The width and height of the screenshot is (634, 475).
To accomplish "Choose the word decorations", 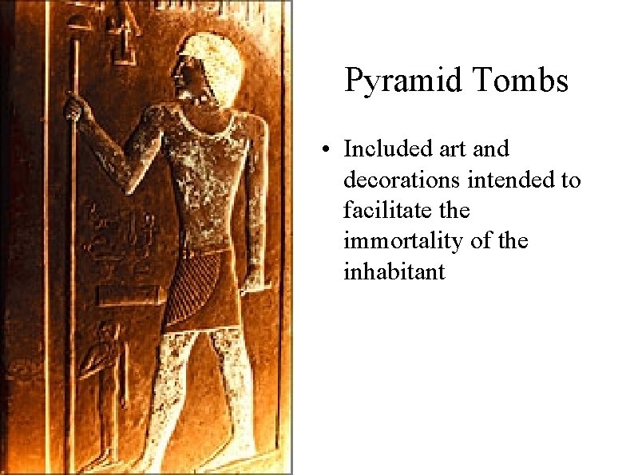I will pyautogui.click(x=402, y=180).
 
